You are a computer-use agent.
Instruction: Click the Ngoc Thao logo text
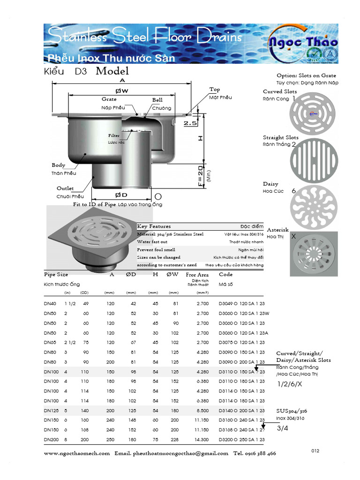[303, 42]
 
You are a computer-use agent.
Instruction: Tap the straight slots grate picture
[314, 159]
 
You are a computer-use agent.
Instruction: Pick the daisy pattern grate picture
[314, 207]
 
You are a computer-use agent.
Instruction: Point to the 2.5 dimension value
[190, 123]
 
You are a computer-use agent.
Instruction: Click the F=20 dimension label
[201, 176]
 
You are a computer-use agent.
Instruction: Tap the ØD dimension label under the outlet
[121, 195]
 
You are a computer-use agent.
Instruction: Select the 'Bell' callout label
[157, 100]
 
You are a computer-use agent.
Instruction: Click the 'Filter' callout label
[114, 135]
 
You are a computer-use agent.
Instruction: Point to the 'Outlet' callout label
[65, 188]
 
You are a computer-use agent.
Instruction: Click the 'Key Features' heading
[154, 226]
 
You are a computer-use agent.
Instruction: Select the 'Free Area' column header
[197, 275]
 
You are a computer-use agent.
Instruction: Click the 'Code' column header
[225, 275]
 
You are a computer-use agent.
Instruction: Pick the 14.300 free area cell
[202, 439]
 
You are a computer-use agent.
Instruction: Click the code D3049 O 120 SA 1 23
[241, 303]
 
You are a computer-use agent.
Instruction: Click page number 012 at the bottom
[315, 451]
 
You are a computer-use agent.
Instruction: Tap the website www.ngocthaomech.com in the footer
[77, 453]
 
